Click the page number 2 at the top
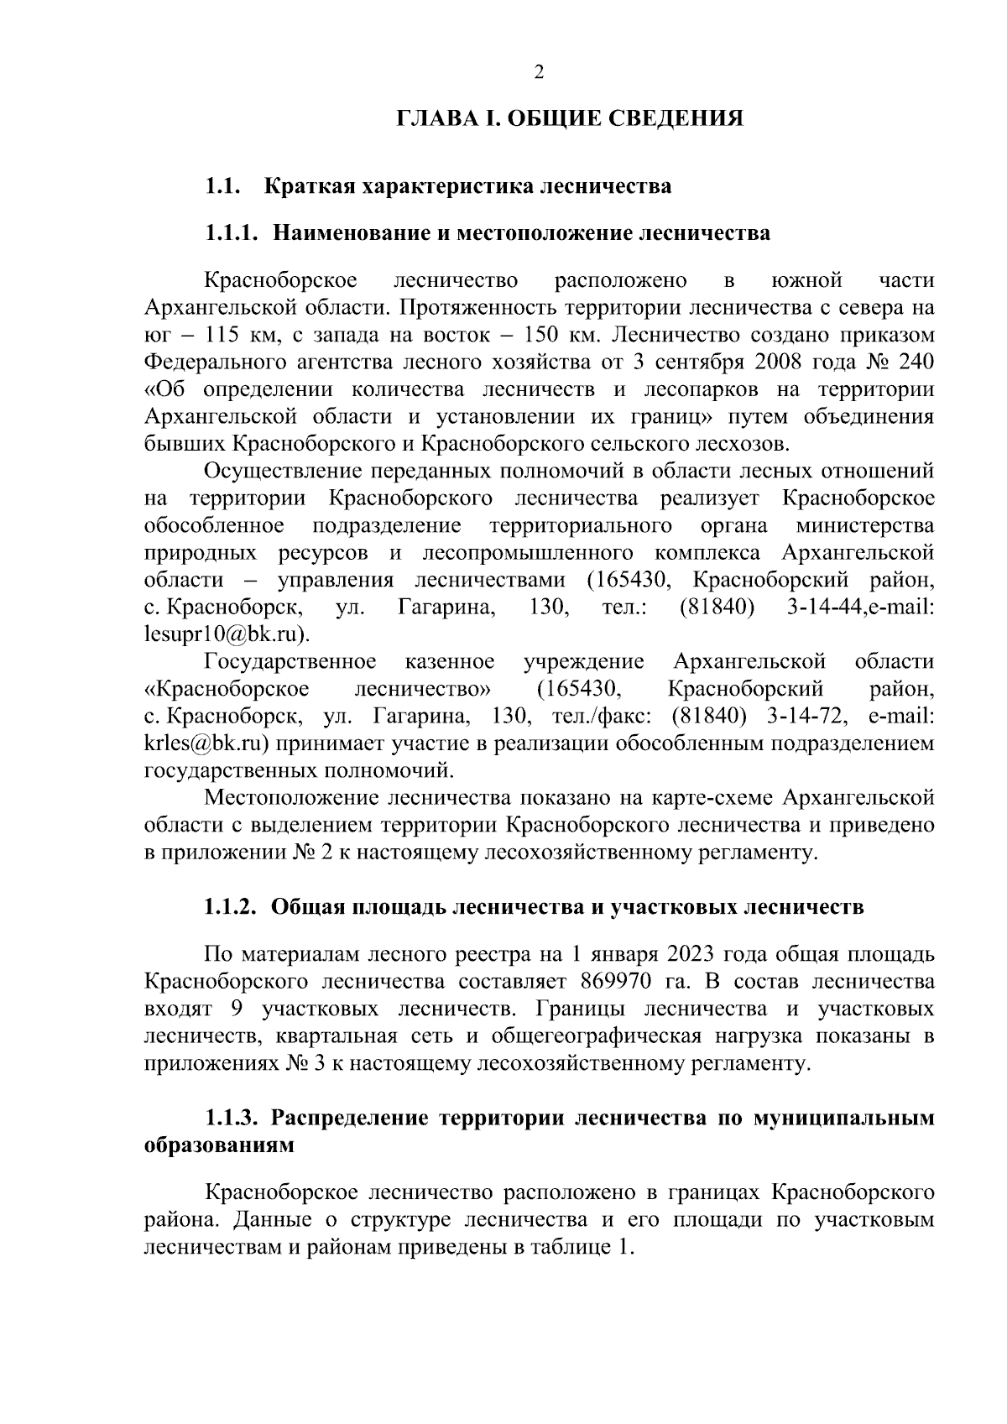coord(539,72)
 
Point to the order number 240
coord(915,363)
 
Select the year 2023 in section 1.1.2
coord(692,955)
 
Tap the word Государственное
coord(290,662)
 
